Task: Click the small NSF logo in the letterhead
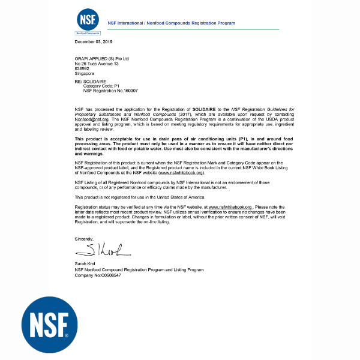pyautogui.click(x=87, y=22)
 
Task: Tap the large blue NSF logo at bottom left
pyautogui.click(x=50, y=324)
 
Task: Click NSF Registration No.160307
pyautogui.click(x=110, y=91)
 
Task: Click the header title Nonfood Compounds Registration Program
pyautogui.click(x=171, y=23)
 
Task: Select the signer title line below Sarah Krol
pyautogui.click(x=139, y=269)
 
